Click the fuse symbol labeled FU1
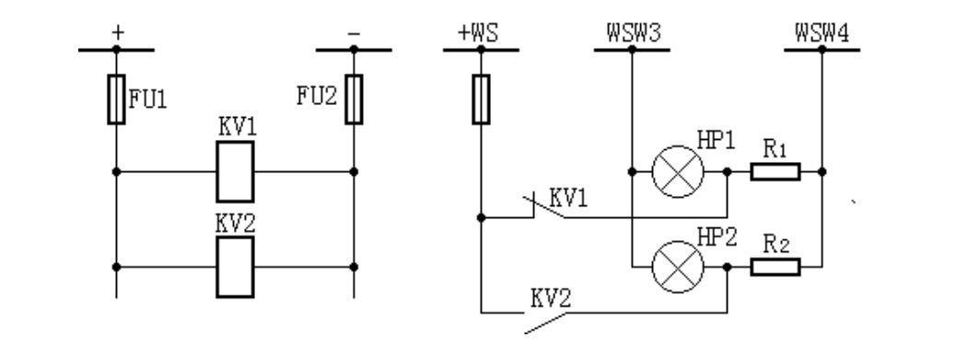coord(116,100)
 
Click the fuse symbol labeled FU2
coord(354,100)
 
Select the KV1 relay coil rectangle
coord(235,171)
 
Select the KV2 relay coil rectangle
coord(235,267)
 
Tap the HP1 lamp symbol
coord(678,171)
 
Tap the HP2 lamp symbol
coord(678,267)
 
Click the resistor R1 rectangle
coord(775,171)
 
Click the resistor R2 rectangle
coord(775,267)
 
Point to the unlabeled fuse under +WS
coord(480,100)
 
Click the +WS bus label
coord(479,34)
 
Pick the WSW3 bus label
coord(631,34)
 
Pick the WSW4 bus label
coord(822,34)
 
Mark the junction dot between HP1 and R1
coord(728,171)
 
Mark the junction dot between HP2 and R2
coord(728,267)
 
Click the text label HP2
coord(718,236)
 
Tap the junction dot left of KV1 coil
coord(116,171)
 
